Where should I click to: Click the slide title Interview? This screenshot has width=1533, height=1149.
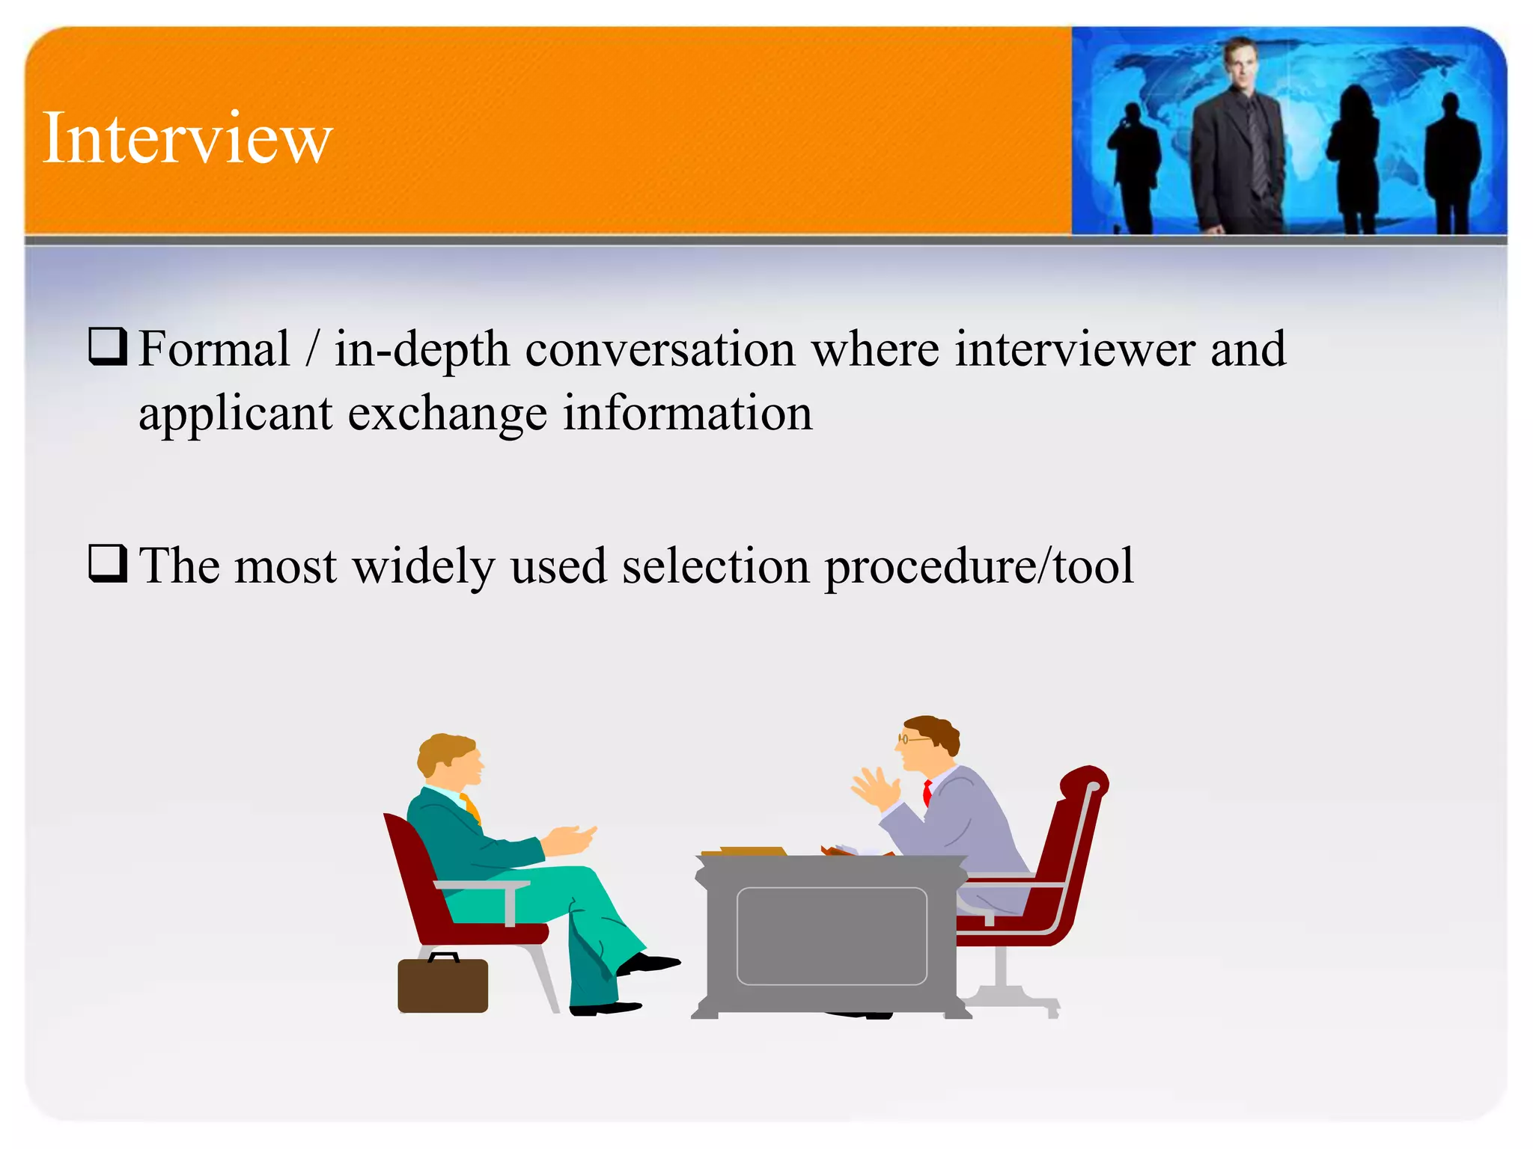click(187, 138)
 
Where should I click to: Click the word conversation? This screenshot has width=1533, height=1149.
click(659, 349)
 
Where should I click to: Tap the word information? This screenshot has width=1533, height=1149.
click(686, 414)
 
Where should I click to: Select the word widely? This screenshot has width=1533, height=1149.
click(424, 566)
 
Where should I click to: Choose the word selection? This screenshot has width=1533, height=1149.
click(716, 566)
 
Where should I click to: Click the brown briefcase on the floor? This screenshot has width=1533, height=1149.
click(442, 984)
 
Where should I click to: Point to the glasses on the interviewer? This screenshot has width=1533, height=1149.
click(910, 739)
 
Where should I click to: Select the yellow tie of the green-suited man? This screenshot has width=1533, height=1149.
click(471, 808)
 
